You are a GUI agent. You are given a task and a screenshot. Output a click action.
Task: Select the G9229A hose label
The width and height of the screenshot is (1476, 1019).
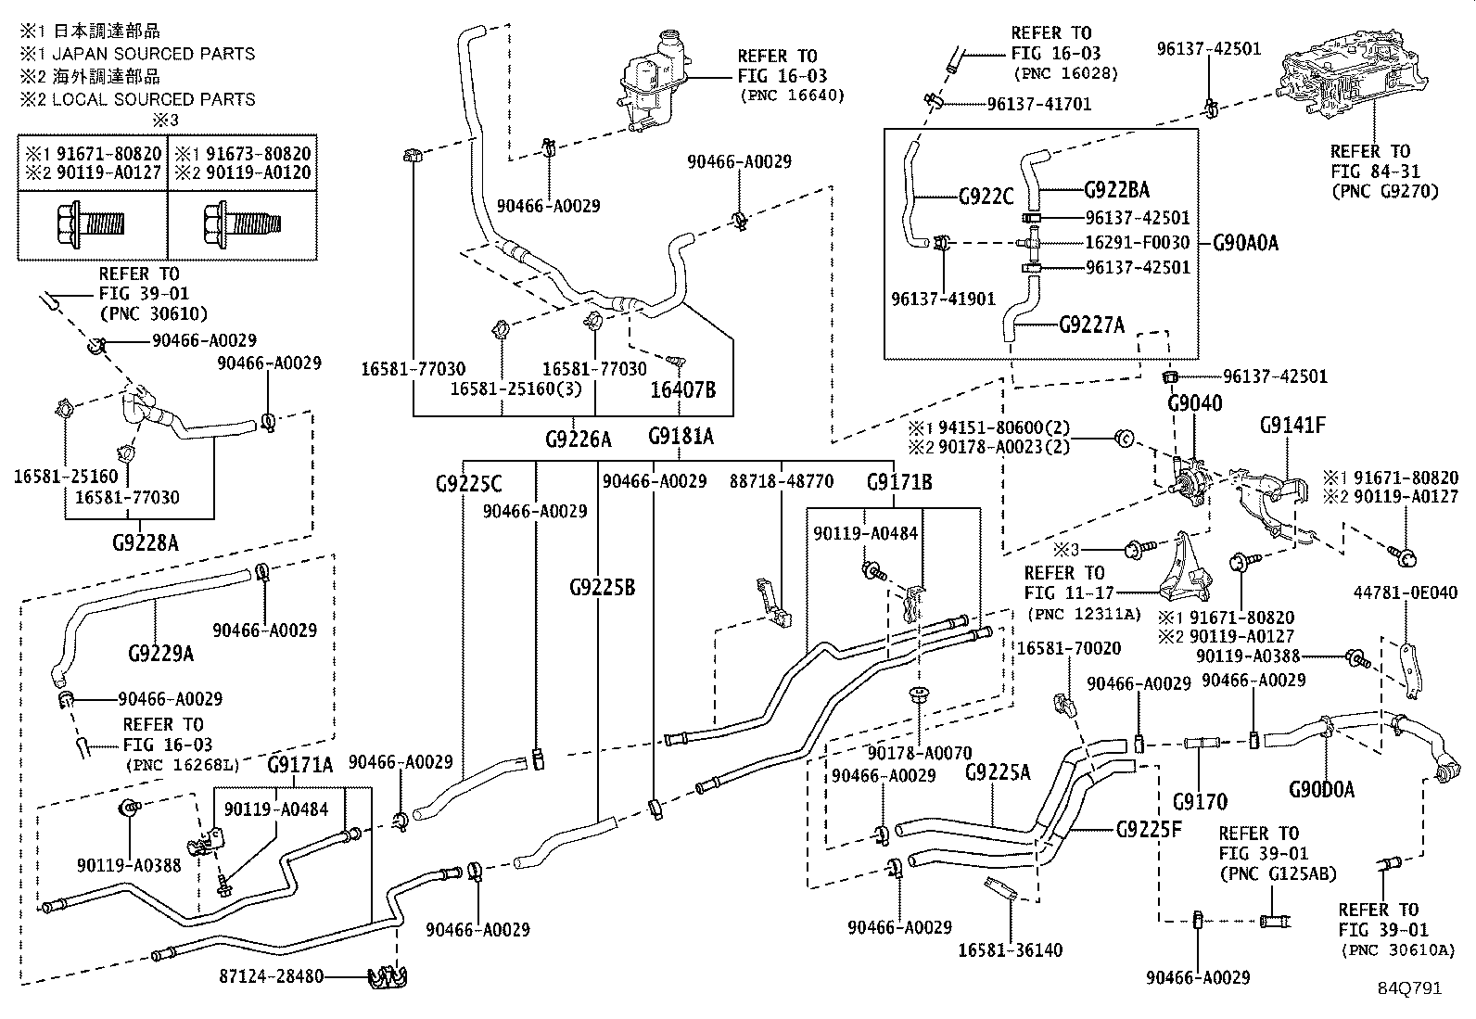point(161,654)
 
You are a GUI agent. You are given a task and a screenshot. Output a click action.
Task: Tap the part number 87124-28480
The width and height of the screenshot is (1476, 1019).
point(272,976)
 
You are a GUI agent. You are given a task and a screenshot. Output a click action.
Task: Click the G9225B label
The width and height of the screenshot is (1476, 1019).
point(602,587)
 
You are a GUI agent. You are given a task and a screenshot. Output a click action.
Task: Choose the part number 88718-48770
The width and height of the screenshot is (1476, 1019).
point(782,482)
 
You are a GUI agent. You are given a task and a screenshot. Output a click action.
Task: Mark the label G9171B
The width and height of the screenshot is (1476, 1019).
point(899,482)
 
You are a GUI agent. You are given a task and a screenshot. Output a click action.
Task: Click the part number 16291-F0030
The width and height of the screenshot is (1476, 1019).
point(1138,243)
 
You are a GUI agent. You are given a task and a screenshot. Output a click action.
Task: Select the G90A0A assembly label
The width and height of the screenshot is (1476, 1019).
point(1245,243)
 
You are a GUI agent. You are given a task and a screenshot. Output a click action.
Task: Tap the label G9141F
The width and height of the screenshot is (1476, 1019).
point(1292,426)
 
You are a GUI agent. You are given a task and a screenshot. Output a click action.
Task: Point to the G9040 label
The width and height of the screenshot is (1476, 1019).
point(1194,403)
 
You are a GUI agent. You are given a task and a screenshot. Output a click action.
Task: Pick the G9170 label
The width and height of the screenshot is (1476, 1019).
point(1200,800)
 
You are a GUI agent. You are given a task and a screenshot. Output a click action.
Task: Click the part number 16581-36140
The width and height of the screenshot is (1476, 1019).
point(1010,949)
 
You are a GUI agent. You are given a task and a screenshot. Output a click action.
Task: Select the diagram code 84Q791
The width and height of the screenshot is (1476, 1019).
point(1409,988)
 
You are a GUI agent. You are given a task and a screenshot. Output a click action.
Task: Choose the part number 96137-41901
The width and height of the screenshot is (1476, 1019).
point(942,299)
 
